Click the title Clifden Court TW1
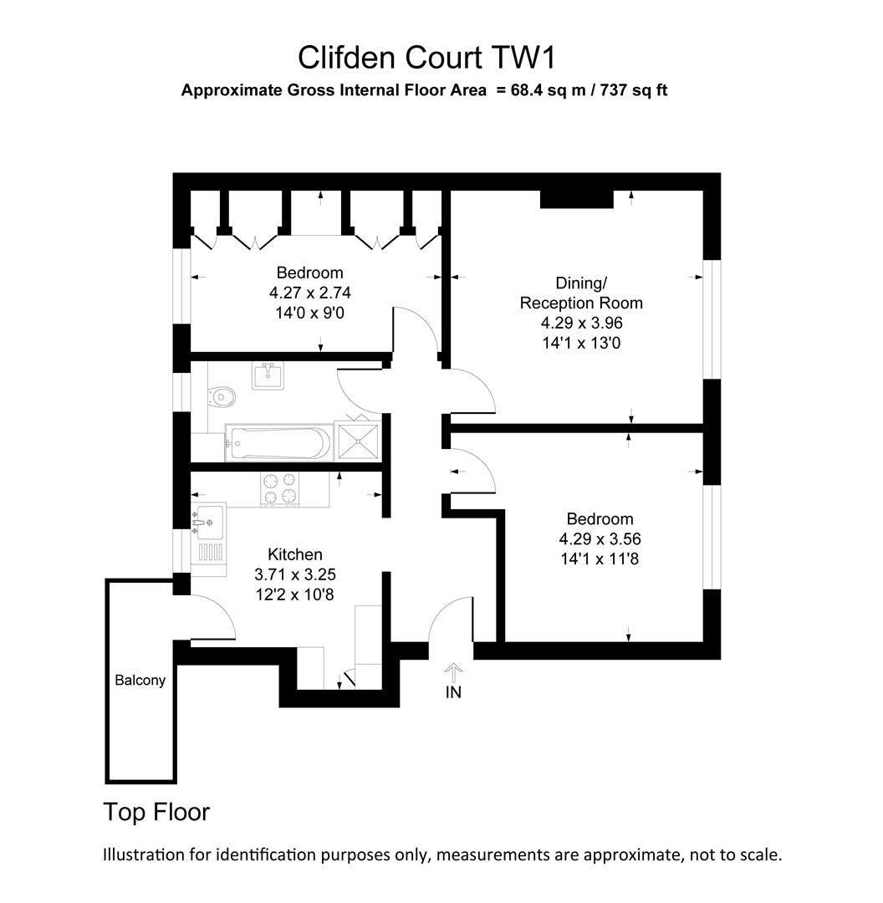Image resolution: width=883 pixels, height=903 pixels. pos(426,59)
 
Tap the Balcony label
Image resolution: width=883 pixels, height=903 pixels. pos(140,681)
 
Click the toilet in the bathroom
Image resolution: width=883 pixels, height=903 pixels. pos(221,395)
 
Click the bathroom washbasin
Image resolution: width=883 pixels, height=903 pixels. pos(269,375)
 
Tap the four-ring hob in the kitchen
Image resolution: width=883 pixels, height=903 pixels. pos(280,489)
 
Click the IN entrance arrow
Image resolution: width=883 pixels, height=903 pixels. pos(454,676)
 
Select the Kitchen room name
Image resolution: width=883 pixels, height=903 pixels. pos(294,554)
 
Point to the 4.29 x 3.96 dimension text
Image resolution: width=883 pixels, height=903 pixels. pos(582,322)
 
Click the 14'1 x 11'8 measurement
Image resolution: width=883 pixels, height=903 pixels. pos(600,559)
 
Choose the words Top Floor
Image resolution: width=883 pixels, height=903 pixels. pos(156,812)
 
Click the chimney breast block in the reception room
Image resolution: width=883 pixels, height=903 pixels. pos(576,199)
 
